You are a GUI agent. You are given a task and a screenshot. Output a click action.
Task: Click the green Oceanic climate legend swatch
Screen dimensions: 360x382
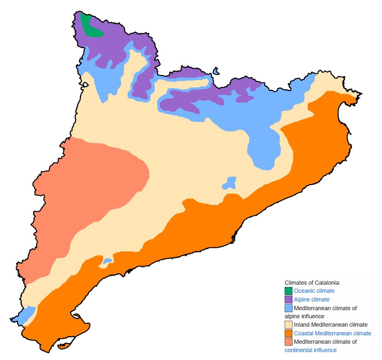(x=288, y=291)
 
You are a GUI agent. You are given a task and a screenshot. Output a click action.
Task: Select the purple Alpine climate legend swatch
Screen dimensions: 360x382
(x=288, y=300)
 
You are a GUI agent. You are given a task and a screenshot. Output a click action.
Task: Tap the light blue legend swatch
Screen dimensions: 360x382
(x=288, y=308)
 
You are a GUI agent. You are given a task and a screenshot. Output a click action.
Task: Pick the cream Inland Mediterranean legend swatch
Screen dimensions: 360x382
(x=288, y=325)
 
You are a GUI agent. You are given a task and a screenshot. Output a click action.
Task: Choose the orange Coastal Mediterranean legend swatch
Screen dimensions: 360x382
(x=288, y=333)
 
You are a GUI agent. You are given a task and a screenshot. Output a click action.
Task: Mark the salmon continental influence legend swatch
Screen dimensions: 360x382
(x=288, y=342)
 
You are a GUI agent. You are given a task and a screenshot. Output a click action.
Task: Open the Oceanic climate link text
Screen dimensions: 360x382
(x=314, y=291)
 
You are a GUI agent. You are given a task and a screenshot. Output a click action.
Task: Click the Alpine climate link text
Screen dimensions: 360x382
(x=311, y=300)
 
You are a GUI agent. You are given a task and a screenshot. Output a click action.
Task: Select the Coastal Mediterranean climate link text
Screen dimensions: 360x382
(x=332, y=333)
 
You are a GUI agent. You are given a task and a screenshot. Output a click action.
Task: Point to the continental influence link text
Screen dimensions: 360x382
(x=310, y=350)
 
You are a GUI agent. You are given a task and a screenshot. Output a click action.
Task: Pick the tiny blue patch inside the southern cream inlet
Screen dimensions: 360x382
(x=107, y=261)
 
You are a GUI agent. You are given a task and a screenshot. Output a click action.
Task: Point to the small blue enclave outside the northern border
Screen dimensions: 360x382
(x=216, y=71)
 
